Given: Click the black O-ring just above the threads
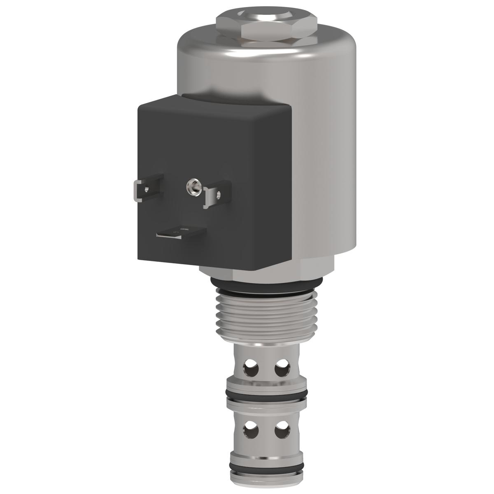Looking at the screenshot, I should pos(266,283).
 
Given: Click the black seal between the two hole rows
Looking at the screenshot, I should pos(266,396).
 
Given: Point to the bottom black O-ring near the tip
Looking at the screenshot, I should pos(266,468).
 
